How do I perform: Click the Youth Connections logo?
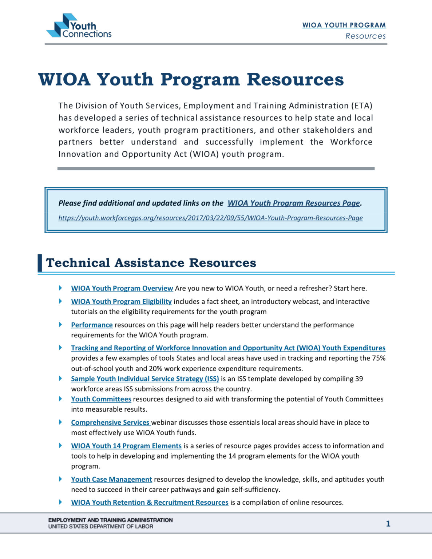[x=79, y=26]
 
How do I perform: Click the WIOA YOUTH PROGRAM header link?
[x=344, y=25]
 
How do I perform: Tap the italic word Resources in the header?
[x=365, y=36]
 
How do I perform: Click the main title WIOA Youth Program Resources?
[x=191, y=79]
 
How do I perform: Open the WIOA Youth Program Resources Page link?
[x=294, y=203]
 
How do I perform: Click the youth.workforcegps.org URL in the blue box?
[x=210, y=218]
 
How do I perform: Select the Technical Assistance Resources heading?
[x=151, y=263]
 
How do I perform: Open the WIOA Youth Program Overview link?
[x=122, y=288]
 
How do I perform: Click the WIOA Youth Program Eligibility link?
[x=121, y=301]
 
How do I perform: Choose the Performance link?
[x=92, y=325]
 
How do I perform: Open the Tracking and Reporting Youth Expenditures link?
[x=228, y=348]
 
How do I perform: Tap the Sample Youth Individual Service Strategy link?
[x=145, y=378]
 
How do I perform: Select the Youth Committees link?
[x=101, y=399]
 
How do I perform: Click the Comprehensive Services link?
[x=110, y=422]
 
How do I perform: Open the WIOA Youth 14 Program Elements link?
[x=126, y=446]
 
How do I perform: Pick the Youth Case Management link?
[x=111, y=479]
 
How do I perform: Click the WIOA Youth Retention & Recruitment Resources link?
[x=150, y=502]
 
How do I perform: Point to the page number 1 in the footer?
[x=388, y=523]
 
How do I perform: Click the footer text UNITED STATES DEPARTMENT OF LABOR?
[x=100, y=527]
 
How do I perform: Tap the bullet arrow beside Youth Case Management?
[x=60, y=479]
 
